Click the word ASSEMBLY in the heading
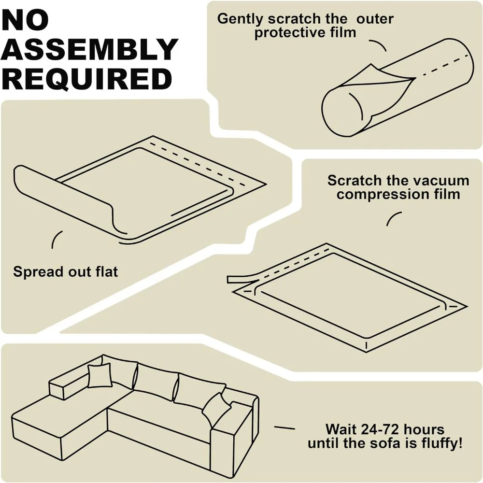pyautogui.click(x=89, y=49)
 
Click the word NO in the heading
pyautogui.click(x=25, y=20)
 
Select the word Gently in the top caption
pyautogui.click(x=240, y=19)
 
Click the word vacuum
pyautogui.click(x=441, y=181)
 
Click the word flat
pyautogui.click(x=107, y=271)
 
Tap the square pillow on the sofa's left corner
pyautogui.click(x=99, y=375)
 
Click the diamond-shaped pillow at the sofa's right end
pyautogui.click(x=217, y=408)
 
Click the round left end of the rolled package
pyautogui.click(x=342, y=112)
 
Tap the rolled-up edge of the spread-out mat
pyautogui.click(x=66, y=197)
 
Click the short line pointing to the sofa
pyautogui.click(x=284, y=427)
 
